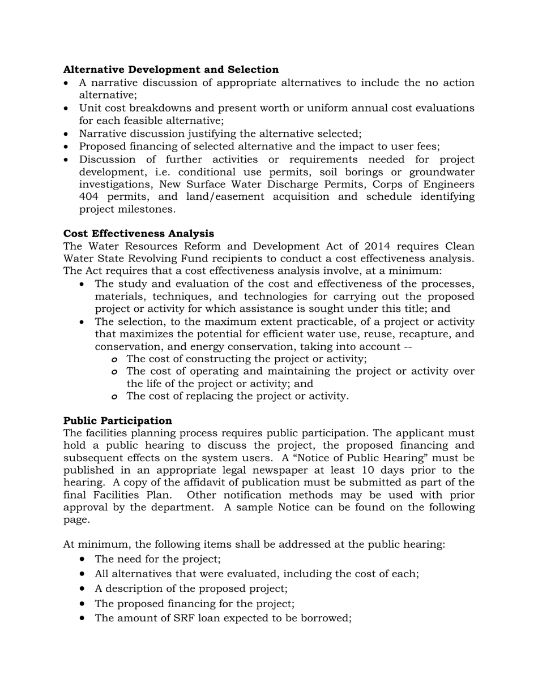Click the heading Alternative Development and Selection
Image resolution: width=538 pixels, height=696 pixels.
click(x=170, y=70)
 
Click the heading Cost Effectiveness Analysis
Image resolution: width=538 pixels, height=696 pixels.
click(x=138, y=234)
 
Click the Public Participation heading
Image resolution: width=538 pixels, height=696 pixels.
click(x=117, y=420)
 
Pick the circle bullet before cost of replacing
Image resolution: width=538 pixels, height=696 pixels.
click(x=114, y=397)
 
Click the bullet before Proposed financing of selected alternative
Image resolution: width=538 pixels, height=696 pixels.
click(x=67, y=147)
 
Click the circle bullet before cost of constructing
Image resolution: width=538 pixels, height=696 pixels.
click(x=114, y=359)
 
